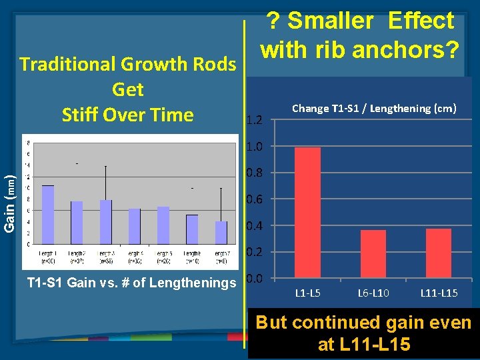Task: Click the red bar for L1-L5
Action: (x=307, y=213)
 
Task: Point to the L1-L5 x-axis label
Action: (x=308, y=293)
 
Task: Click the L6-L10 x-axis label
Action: (x=373, y=293)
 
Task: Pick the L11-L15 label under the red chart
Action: (x=439, y=293)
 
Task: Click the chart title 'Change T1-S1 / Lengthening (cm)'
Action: (x=374, y=108)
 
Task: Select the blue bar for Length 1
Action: (x=48, y=215)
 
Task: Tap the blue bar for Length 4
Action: (x=135, y=227)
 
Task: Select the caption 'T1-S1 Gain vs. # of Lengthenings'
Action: (x=131, y=283)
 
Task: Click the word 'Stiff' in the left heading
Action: (x=81, y=115)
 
